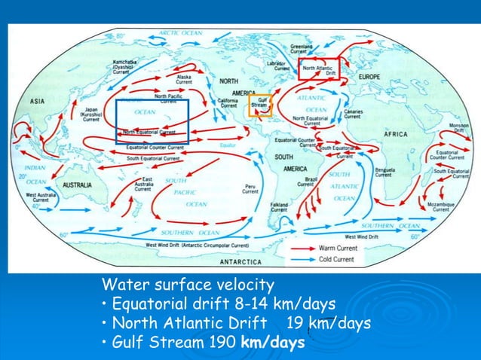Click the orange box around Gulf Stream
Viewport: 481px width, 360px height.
(260, 105)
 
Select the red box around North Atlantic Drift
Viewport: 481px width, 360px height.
(319, 68)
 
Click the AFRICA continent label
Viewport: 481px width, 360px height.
(396, 134)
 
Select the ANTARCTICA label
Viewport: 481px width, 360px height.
(240, 262)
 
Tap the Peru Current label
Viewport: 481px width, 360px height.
(250, 188)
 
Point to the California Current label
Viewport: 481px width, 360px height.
(228, 104)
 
